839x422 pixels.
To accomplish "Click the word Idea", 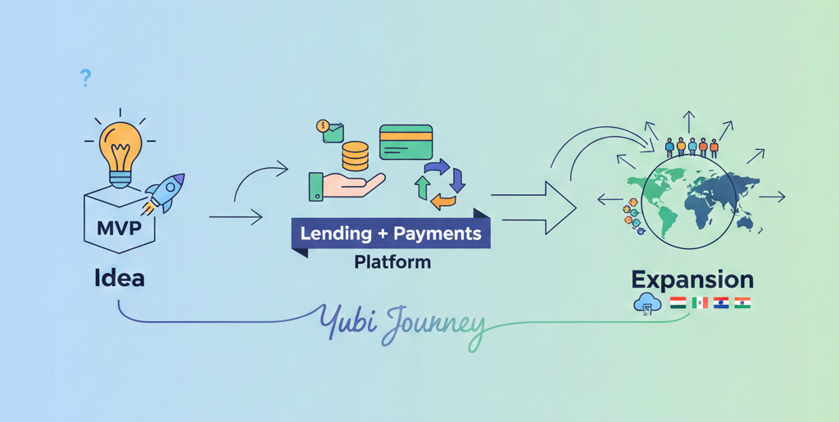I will click(120, 277).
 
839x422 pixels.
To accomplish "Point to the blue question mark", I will click(85, 79).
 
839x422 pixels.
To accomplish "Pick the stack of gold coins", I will click(354, 156).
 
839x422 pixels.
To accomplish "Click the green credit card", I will click(405, 142).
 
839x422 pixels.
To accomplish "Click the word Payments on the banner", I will click(437, 233).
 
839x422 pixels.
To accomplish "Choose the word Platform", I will click(392, 263).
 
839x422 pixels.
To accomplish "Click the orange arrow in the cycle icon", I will click(442, 200).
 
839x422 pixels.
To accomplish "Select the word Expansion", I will click(692, 279).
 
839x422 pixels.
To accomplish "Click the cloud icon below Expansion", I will click(646, 303).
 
